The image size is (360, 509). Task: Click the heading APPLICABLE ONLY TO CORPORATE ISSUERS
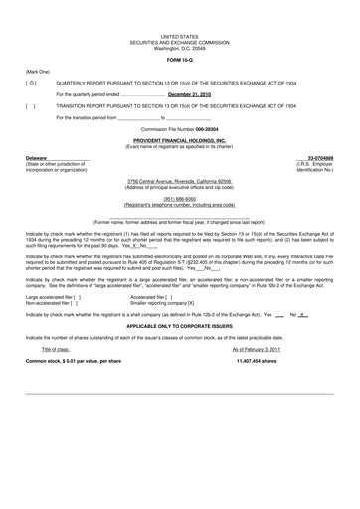tap(180, 325)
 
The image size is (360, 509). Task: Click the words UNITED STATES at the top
tap(180, 34)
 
